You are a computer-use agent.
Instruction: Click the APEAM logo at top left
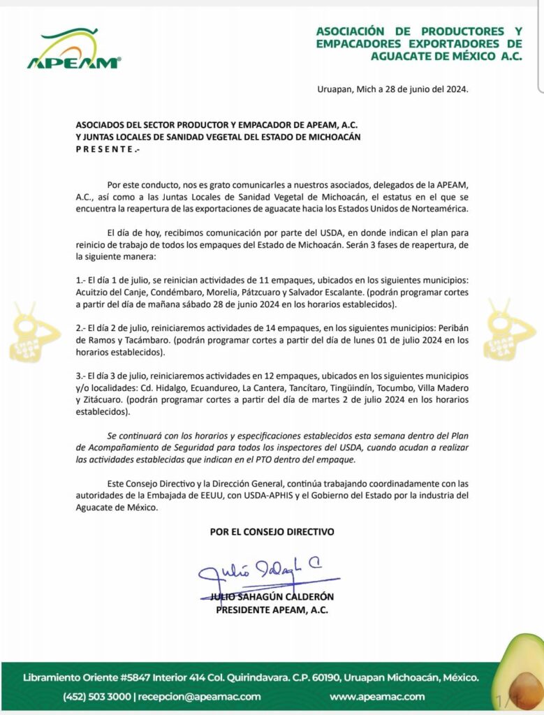[x=73, y=50]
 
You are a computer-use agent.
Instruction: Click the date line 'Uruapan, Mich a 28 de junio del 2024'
[x=392, y=90]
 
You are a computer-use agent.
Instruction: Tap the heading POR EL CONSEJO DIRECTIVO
[x=272, y=532]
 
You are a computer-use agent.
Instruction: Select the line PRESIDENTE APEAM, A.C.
[x=272, y=610]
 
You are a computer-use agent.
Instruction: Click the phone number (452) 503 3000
[x=98, y=696]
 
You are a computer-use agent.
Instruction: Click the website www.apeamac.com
[x=377, y=696]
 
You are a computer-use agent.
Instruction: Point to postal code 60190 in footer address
[x=330, y=678]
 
